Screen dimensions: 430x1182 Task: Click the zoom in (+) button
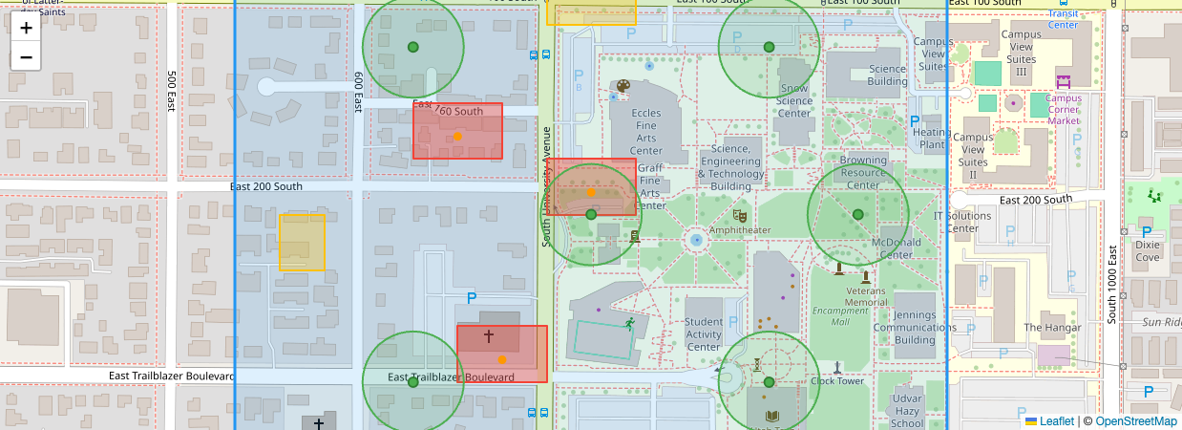pos(26,28)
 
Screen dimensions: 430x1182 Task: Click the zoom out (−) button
pos(26,56)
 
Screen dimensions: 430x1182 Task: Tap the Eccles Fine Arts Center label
pos(646,132)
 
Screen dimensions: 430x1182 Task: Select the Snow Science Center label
pos(794,100)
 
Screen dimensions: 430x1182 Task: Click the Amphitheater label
pos(740,230)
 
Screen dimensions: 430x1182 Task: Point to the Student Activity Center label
pos(704,333)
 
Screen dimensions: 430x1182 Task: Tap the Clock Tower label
pos(836,379)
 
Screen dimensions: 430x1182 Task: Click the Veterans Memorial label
pos(866,296)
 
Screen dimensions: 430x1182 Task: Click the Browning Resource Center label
pos(863,173)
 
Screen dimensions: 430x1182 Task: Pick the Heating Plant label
pos(932,139)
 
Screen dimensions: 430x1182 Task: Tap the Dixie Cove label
pos(1148,250)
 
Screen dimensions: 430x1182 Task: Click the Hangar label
pos(1052,328)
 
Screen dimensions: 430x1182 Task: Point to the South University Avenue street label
pos(547,186)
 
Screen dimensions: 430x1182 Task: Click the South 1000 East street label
pos(1112,283)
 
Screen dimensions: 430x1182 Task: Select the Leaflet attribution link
pos(1056,421)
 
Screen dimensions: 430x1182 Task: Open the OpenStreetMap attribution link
pos(1135,421)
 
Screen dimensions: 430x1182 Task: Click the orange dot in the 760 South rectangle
pos(457,137)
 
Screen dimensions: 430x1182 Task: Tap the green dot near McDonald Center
pos(857,214)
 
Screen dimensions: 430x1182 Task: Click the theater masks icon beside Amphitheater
pos(739,216)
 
